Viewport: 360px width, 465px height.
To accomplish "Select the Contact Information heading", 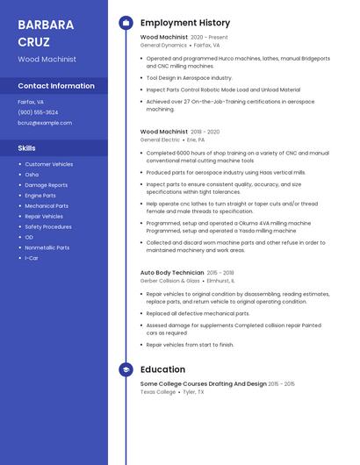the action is pos(56,86).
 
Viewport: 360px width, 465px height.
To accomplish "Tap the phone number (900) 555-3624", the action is pos(38,112).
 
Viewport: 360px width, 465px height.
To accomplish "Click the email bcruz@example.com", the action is pos(45,123).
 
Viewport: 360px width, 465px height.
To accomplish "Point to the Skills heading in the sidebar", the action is pos(27,148).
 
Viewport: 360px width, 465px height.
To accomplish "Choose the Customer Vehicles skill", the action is pos(49,164).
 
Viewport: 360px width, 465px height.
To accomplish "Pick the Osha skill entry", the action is pos(32,175).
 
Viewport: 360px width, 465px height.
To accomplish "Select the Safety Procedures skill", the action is pos(48,226).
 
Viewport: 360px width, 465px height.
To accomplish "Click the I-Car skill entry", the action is pos(32,258).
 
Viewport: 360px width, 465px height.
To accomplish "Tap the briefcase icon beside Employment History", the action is pos(126,23).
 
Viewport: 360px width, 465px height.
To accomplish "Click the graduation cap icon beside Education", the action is pos(126,370).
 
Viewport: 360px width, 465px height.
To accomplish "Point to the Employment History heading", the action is pos(185,23).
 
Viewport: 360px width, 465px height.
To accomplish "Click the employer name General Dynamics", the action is pos(163,45).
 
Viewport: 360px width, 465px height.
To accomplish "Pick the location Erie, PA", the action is pos(196,139).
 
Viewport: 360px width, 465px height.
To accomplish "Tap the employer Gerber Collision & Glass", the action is pos(170,281).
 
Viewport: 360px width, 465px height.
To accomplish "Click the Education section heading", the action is pos(162,370).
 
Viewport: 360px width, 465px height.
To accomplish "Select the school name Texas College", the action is pos(158,392).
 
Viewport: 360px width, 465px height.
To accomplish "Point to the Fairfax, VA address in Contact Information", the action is pos(31,102).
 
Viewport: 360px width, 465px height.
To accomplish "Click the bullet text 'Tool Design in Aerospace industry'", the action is pos(189,77).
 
